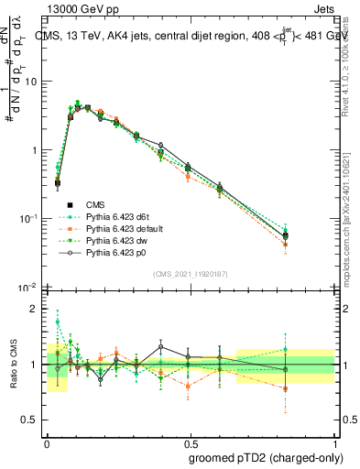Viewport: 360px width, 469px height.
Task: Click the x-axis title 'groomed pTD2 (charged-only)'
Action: tap(265, 457)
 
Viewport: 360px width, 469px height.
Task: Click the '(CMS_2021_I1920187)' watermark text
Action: tap(190, 274)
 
